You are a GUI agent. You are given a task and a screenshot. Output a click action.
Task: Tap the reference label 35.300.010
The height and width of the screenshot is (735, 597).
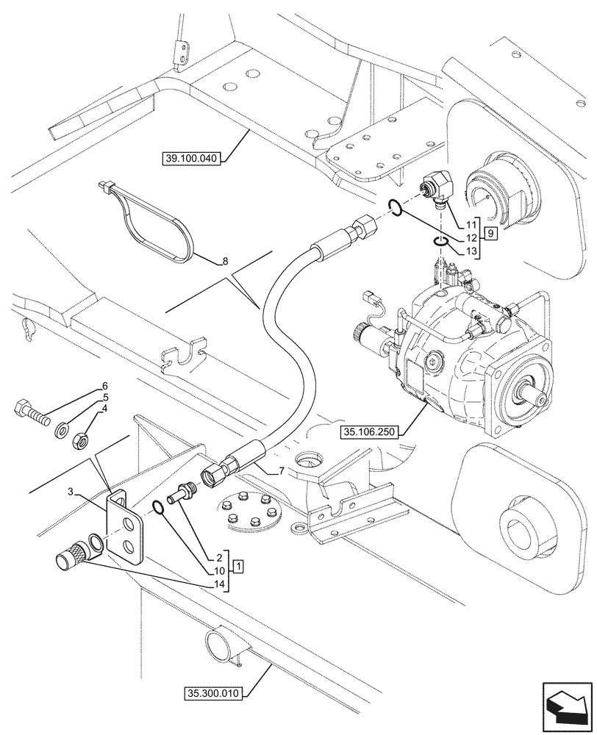pyautogui.click(x=213, y=692)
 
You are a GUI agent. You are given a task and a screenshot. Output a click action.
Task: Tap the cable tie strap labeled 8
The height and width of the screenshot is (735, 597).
pyautogui.click(x=147, y=220)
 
